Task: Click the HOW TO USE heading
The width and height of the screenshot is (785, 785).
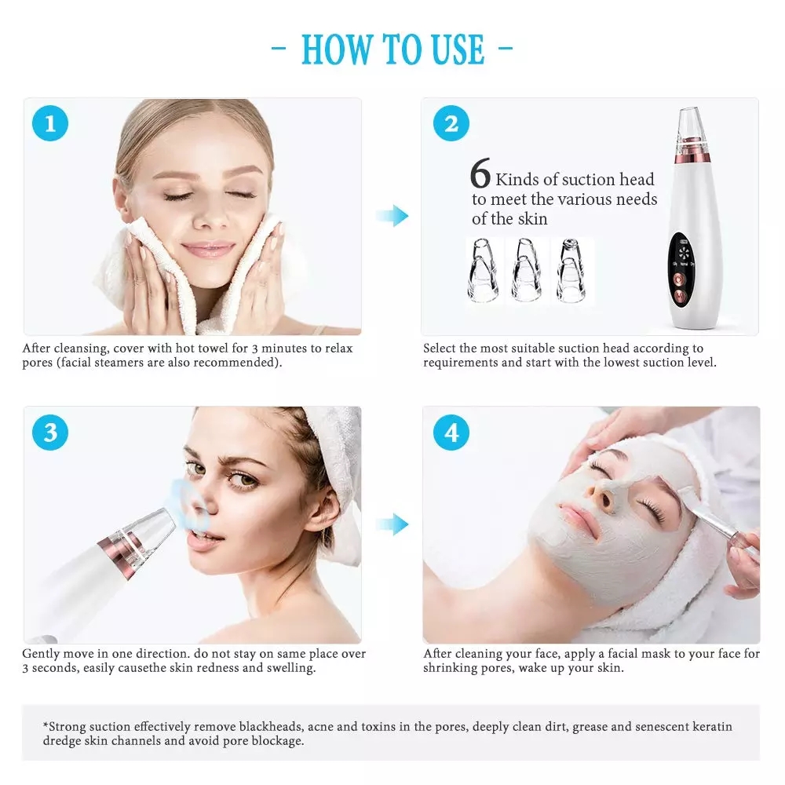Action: (x=392, y=49)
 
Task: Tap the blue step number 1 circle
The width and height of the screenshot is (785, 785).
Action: (x=50, y=123)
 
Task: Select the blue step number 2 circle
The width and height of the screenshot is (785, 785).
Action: (x=451, y=123)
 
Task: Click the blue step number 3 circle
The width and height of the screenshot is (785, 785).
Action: (x=50, y=433)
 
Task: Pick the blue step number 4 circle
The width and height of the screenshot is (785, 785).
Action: (x=451, y=433)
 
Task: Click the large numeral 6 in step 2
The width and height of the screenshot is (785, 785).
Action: (x=480, y=175)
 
